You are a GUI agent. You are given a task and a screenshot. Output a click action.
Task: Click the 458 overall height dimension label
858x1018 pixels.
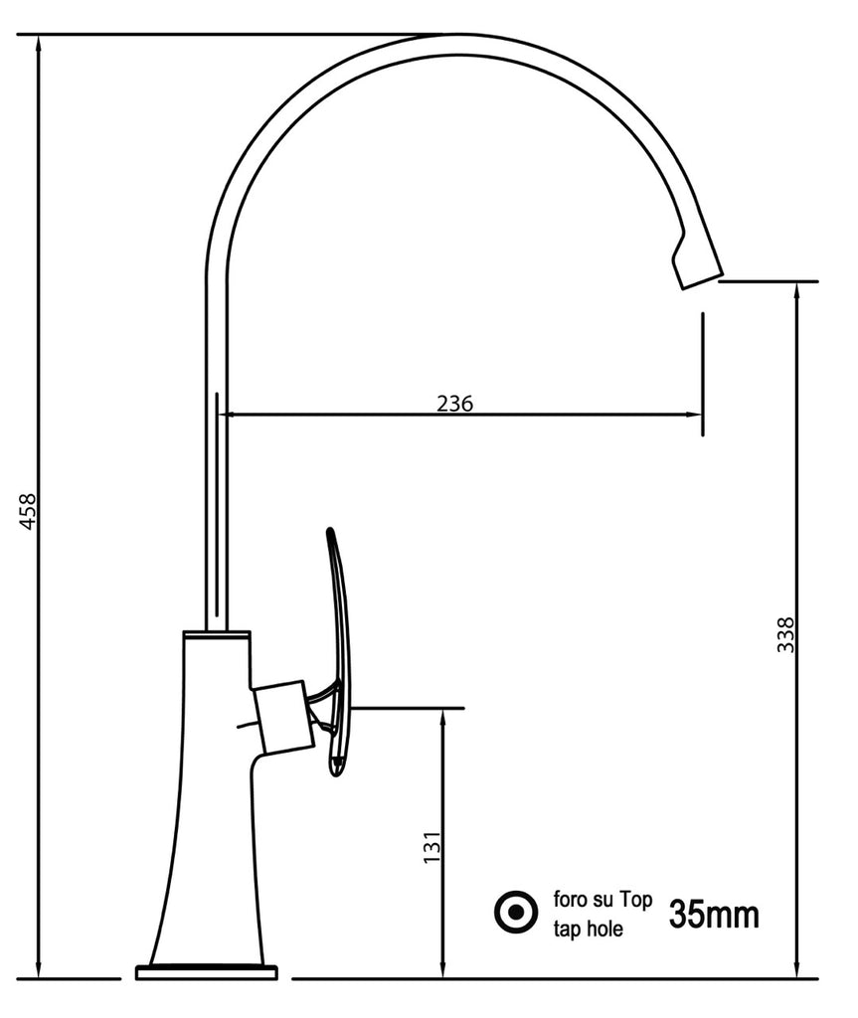click(x=28, y=510)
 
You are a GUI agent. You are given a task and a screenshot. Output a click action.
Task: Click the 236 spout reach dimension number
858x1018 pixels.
click(x=454, y=403)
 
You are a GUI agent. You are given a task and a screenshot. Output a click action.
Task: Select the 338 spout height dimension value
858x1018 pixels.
click(x=785, y=634)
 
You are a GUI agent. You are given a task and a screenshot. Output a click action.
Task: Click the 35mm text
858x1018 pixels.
click(x=713, y=914)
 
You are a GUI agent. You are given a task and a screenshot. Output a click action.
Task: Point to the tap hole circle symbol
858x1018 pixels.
click(x=516, y=913)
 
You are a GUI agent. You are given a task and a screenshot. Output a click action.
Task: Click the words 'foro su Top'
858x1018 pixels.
click(x=601, y=901)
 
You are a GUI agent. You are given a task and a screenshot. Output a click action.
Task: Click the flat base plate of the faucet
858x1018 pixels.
click(x=206, y=971)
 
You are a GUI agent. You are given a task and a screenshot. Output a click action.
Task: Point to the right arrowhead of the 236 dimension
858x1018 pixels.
click(x=695, y=415)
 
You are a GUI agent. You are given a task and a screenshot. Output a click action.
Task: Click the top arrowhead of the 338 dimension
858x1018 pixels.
click(x=796, y=290)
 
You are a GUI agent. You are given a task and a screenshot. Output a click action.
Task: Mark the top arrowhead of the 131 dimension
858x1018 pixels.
click(x=443, y=717)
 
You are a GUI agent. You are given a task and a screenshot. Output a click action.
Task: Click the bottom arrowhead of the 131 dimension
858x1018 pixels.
click(x=443, y=970)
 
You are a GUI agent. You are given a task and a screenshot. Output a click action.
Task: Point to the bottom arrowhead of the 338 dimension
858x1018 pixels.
click(x=796, y=970)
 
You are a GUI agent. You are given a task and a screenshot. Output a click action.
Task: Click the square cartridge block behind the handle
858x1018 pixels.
click(x=282, y=716)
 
